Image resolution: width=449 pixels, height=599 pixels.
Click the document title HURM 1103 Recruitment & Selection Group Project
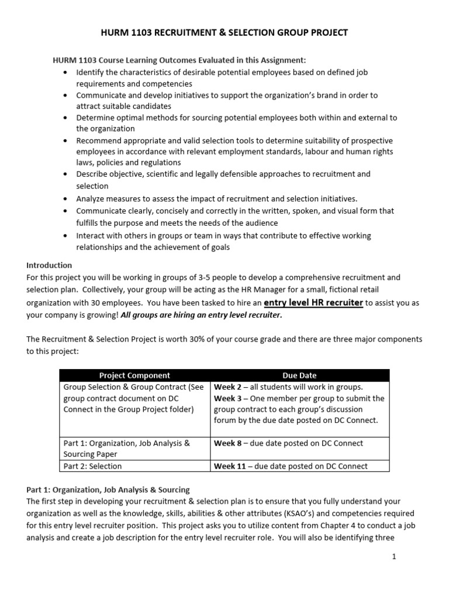224,33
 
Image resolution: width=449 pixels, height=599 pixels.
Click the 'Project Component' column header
134,376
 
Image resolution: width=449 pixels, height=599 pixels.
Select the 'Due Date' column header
299,376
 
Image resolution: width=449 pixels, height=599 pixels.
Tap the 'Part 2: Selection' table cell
93,466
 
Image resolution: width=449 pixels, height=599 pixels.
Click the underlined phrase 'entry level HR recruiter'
313,302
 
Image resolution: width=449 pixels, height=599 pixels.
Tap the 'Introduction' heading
49,265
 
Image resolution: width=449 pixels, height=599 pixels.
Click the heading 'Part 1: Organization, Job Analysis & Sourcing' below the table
108,490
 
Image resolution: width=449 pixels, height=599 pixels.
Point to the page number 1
394,557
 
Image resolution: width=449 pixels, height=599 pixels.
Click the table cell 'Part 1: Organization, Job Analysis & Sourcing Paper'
126,448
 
